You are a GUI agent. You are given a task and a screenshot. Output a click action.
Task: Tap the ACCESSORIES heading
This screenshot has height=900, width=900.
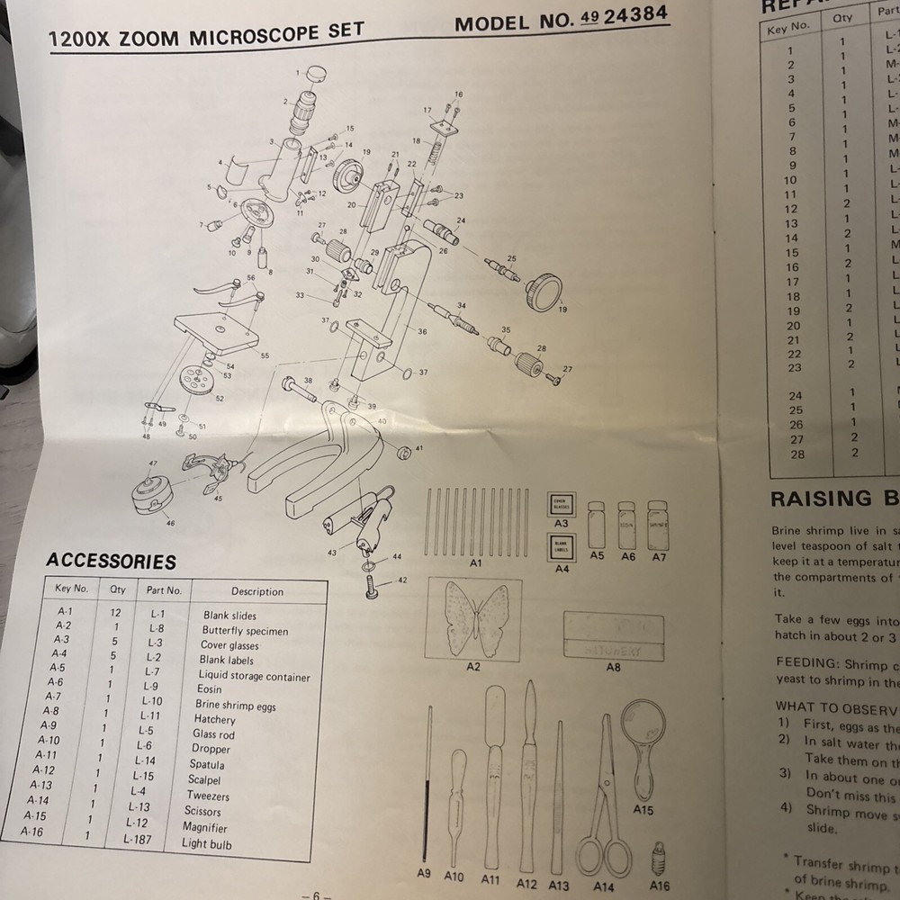(x=111, y=562)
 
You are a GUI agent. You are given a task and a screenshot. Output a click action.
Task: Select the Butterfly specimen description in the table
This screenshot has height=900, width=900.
(x=244, y=631)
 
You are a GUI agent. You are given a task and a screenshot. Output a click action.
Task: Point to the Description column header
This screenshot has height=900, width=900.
(x=256, y=592)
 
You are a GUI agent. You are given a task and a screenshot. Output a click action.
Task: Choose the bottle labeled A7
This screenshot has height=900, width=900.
(x=658, y=526)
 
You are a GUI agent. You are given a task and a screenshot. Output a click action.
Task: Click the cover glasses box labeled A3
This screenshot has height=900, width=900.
(x=562, y=506)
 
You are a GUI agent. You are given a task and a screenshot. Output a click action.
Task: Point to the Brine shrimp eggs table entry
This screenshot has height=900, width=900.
(x=235, y=706)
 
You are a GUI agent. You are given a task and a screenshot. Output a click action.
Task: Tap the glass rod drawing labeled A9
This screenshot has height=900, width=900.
(x=428, y=783)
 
